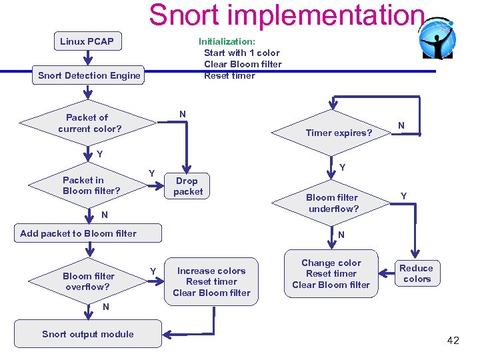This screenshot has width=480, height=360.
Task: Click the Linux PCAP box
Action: point(87,41)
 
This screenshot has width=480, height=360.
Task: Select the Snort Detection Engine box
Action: point(89,75)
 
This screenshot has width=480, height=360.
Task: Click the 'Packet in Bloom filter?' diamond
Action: point(91,185)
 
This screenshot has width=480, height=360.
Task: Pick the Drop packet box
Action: point(188,186)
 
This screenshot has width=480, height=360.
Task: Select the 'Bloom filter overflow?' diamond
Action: point(89,281)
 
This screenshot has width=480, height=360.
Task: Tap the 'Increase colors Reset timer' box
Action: point(211,281)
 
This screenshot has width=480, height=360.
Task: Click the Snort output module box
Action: point(88,334)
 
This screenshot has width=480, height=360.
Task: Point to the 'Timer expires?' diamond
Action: point(338,133)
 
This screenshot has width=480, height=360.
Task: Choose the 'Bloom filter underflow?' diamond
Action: point(332,203)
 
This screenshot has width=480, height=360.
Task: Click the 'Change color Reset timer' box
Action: point(331,274)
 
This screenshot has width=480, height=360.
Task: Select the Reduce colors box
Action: point(417,273)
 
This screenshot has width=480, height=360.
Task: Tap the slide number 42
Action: point(453,341)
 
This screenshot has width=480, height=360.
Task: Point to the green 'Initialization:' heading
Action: point(227,41)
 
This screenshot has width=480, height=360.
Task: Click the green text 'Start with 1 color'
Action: point(241,53)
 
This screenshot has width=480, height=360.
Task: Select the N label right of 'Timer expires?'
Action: point(401,125)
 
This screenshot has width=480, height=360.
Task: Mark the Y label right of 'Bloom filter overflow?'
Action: point(153,270)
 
